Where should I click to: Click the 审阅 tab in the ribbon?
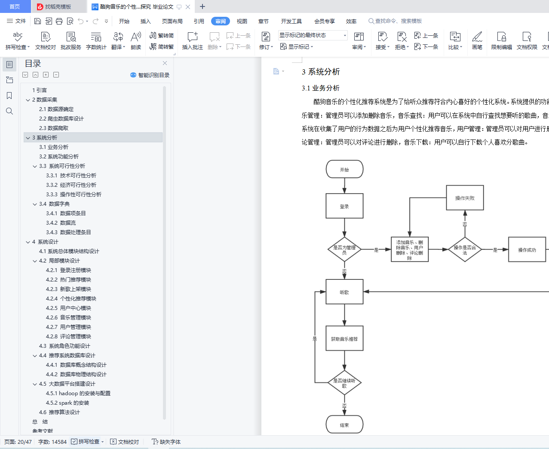220,21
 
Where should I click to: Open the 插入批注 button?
192,41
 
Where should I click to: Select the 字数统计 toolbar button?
96,41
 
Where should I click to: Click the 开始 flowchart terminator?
344,169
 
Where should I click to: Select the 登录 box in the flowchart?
344,206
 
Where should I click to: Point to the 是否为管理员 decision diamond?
344,250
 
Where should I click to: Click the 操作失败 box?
465,198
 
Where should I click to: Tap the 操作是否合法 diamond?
465,250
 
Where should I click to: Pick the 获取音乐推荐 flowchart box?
344,339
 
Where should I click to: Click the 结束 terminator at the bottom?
344,424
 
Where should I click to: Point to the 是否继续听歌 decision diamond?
344,382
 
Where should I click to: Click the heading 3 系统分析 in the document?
321,72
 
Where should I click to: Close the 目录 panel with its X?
165,63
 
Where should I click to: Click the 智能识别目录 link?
150,75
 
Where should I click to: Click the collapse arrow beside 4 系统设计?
28,242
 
